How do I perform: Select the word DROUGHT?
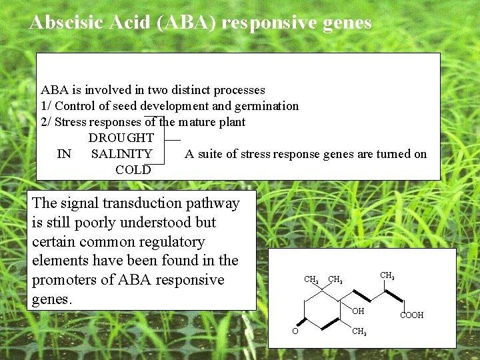pos(121,138)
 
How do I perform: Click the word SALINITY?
pos(121,154)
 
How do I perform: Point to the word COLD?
pos(133,170)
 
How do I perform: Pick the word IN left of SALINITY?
pos(64,154)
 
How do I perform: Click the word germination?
pos(267,106)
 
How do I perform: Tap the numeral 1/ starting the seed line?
pos(46,106)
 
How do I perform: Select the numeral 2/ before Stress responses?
pos(46,122)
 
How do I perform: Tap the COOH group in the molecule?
pos(411,315)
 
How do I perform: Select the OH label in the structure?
pos(358,311)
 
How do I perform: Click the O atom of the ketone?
pos(294,331)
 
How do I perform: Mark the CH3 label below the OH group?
pos(359,331)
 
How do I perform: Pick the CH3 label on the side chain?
pos(387,275)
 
